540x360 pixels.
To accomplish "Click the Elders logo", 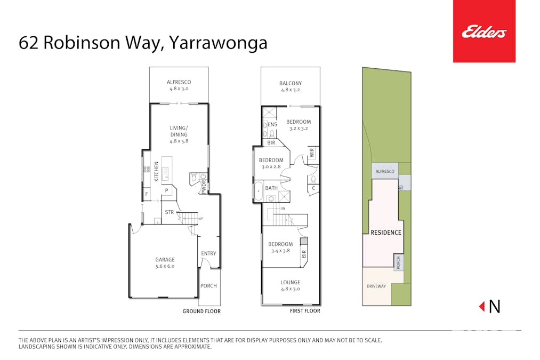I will (484, 31).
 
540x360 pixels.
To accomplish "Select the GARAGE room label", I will (165, 260).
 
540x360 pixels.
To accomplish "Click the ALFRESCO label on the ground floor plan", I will (179, 82).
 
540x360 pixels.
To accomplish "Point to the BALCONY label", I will (291, 83).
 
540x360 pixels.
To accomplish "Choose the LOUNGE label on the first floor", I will (291, 282).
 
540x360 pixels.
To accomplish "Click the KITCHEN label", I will (157, 172).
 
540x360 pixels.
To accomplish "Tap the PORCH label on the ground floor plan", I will (208, 286).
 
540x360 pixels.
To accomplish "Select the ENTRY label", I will (208, 253).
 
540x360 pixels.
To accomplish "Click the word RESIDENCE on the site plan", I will (386, 233).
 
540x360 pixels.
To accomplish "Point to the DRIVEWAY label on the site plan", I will (376, 286).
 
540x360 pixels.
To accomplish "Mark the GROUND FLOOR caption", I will (202, 311).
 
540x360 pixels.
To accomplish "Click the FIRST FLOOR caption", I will (305, 311).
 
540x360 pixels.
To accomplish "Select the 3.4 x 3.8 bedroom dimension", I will (280, 251).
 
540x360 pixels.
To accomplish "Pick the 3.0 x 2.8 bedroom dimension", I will (271, 167).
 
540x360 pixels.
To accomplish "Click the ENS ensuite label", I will (272, 125).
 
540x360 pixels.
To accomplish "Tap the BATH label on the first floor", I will (272, 188).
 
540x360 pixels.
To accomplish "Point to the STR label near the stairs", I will (170, 212).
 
